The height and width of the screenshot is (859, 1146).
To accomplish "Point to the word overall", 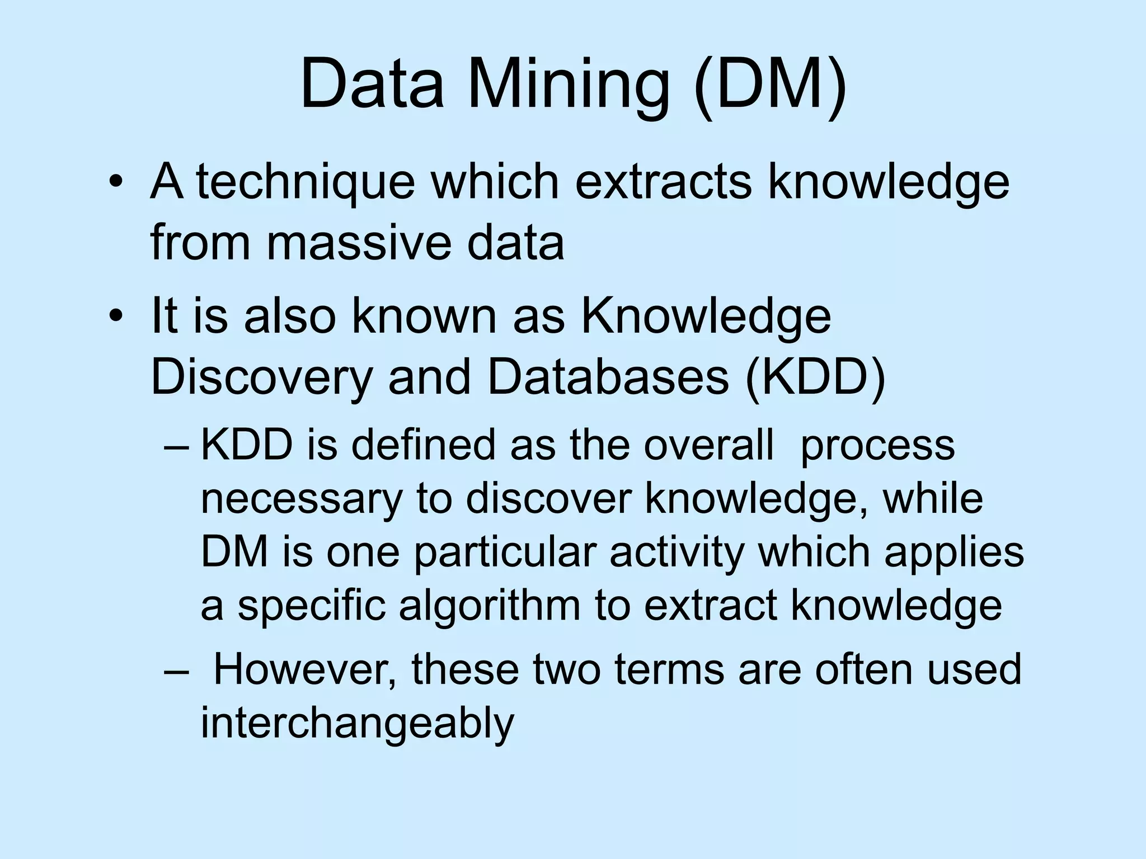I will (x=708, y=445).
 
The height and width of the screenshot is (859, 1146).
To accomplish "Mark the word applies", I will (x=954, y=553).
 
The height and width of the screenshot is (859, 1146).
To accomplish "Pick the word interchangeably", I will (x=357, y=723).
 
